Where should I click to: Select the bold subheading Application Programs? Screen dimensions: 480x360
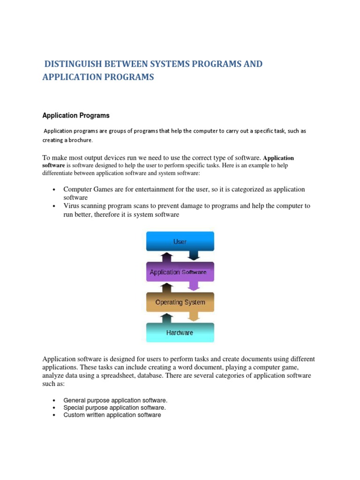tap(76, 115)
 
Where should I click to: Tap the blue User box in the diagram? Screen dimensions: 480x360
tap(180, 241)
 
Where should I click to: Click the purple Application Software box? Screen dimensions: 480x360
tap(180, 272)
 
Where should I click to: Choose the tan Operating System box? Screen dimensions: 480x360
tap(180, 302)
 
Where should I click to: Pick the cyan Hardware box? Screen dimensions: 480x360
tap(180, 333)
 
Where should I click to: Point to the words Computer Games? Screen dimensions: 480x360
tap(85, 189)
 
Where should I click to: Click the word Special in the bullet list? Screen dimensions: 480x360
tap(75, 408)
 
